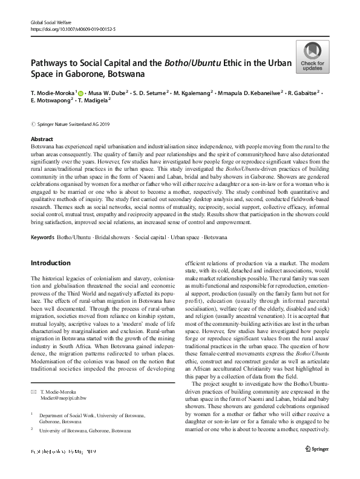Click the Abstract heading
pos(42,139)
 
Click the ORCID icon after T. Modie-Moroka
pos(80,93)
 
